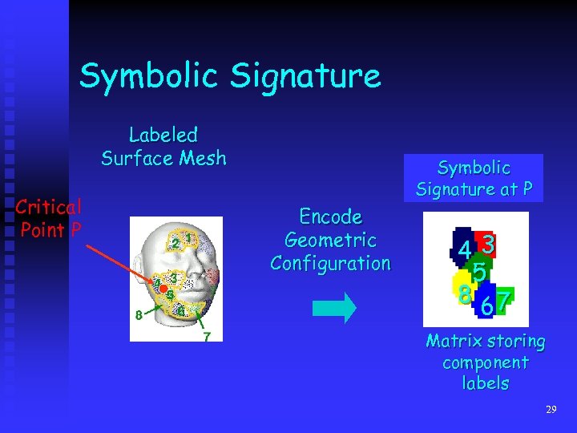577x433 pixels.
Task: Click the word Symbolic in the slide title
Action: (149, 77)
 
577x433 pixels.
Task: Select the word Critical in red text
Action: (48, 208)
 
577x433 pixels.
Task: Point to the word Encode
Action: (330, 216)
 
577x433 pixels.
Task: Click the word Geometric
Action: (330, 240)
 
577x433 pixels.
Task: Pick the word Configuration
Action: (330, 263)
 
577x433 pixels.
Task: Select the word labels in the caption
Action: (486, 383)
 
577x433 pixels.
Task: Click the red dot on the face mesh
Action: (162, 287)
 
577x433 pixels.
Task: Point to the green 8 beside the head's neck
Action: (139, 316)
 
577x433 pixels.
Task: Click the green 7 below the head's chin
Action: (206, 337)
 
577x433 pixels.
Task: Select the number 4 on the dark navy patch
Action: (465, 251)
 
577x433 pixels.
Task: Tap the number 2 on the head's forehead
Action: (174, 243)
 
